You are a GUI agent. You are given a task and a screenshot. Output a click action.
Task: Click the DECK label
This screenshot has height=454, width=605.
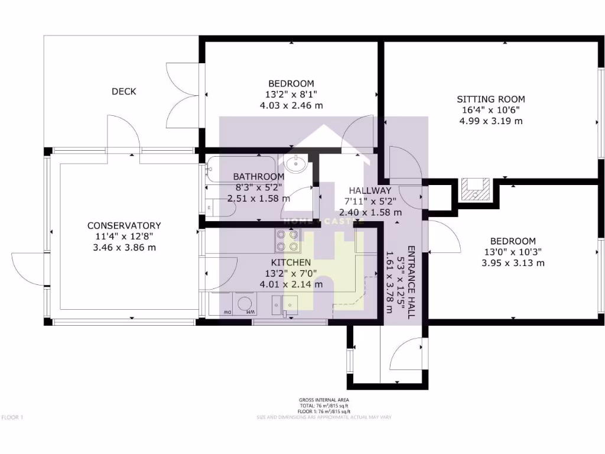pos(124,92)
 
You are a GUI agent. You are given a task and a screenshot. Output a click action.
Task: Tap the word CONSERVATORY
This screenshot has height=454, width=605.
pos(124,226)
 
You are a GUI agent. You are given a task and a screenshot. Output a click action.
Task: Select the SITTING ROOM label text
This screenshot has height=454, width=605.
pos(490,99)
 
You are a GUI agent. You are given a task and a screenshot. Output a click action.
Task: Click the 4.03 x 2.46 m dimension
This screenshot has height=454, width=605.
pos(291,105)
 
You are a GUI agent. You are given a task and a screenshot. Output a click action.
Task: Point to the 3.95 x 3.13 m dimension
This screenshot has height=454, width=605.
pos(513,263)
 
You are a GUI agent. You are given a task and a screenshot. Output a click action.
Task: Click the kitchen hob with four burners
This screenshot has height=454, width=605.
pos(287,241)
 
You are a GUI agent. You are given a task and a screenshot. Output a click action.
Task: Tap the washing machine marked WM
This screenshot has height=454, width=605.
pos(243,304)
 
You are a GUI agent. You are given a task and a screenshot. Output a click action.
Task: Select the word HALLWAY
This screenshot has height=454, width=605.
pos(370,190)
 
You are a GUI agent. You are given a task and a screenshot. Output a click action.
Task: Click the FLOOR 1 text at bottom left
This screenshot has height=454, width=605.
pos(12,417)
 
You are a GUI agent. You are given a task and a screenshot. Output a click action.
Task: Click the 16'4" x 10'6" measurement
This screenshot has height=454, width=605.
pos(490,110)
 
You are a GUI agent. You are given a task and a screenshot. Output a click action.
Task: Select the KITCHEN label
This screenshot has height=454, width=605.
pos(291,262)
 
